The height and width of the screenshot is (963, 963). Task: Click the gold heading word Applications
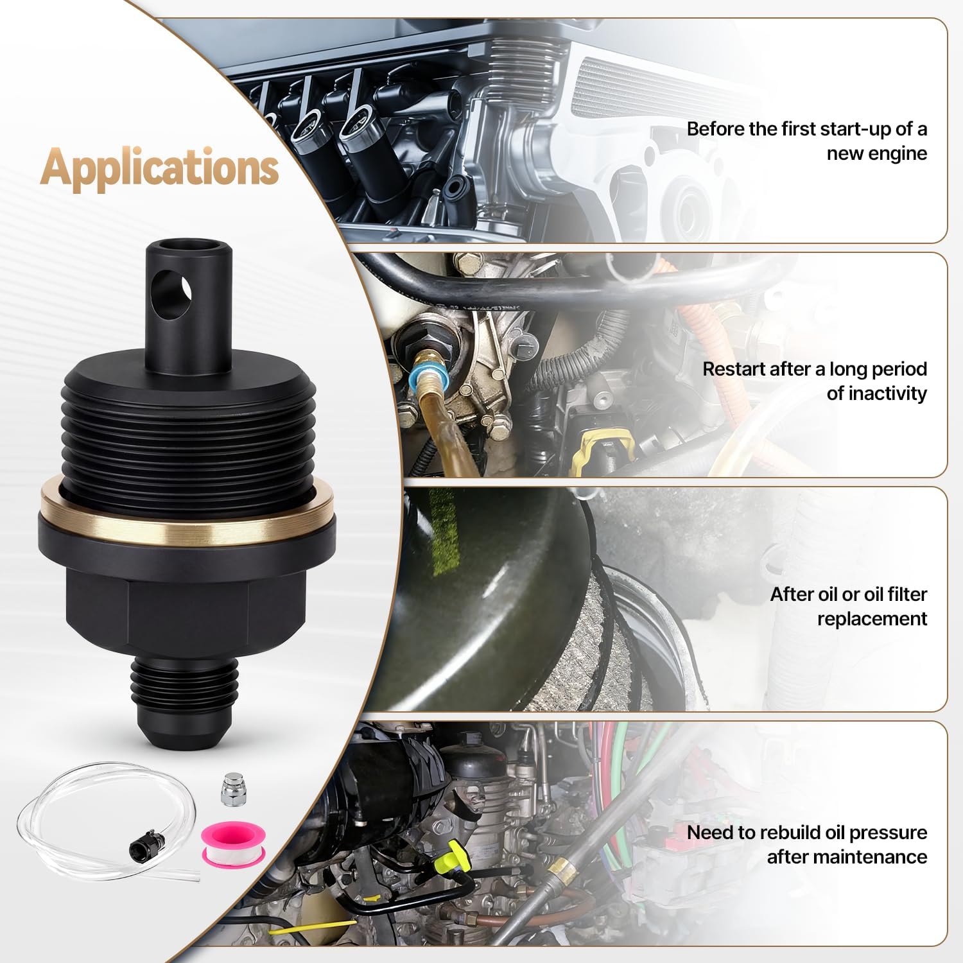pos(159,167)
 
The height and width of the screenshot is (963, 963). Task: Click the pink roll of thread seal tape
pos(225,844)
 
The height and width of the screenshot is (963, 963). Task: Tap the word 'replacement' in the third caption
pos(872,618)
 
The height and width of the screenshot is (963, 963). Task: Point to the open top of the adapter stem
pos(187,245)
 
